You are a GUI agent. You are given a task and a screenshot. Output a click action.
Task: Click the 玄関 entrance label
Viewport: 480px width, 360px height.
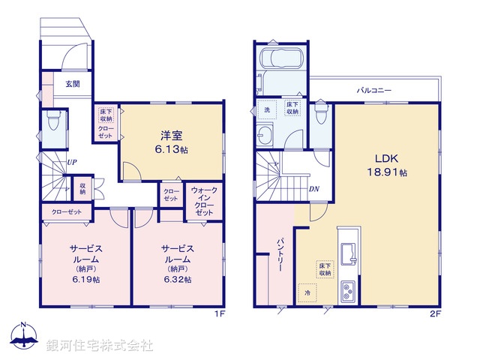[x=73, y=84]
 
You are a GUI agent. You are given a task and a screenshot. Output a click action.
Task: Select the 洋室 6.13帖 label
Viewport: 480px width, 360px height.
[x=172, y=142]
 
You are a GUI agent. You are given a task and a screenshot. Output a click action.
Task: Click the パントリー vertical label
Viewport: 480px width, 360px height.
[x=278, y=253]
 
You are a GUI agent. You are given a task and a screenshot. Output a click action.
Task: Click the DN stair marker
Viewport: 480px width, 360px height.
[x=314, y=188]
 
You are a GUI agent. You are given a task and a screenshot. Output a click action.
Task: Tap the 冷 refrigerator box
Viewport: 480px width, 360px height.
[x=306, y=292]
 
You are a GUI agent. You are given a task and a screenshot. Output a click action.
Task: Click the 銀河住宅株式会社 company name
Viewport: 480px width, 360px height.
[x=100, y=346]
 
